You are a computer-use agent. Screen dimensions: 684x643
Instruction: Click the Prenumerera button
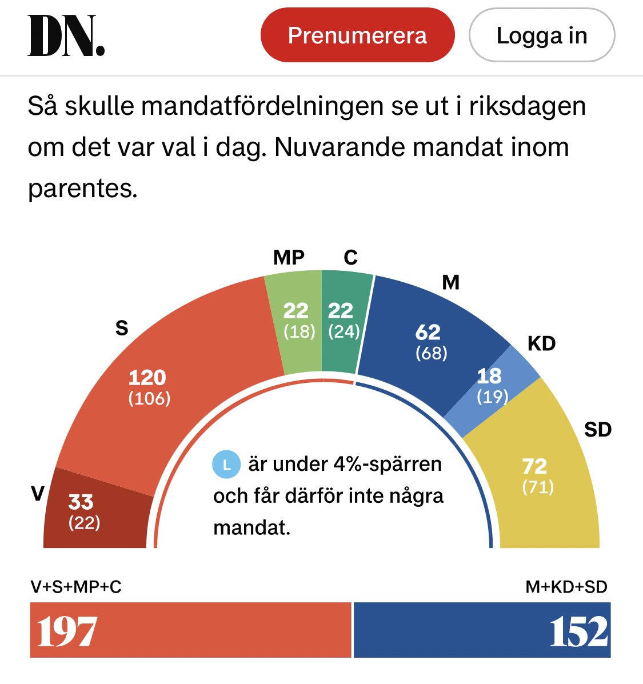point(357,35)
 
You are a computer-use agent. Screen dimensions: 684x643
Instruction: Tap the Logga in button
point(541,35)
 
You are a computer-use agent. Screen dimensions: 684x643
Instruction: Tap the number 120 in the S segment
point(147,378)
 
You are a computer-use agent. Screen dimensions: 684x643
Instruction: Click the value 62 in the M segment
point(428,332)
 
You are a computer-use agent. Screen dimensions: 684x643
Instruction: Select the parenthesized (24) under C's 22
point(344,331)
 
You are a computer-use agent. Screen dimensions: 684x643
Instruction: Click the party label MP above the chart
point(289,258)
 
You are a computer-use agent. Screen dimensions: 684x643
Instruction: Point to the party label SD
point(598,429)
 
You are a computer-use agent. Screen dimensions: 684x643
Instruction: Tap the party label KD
point(541,343)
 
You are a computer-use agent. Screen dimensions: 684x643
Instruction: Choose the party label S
point(122,328)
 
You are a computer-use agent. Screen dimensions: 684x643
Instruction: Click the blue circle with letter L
point(226,464)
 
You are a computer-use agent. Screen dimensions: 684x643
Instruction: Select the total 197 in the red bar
point(67,632)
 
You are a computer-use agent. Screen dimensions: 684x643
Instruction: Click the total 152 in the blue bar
point(578,632)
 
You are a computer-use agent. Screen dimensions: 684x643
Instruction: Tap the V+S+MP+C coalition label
point(76,587)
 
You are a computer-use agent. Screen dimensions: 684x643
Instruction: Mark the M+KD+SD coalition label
point(566,587)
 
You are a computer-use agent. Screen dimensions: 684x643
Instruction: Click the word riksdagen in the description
point(528,106)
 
